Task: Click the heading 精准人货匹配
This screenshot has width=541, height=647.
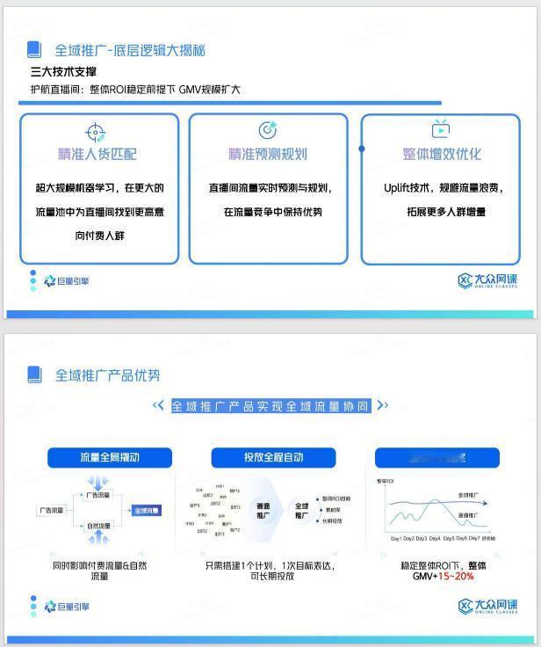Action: (x=97, y=155)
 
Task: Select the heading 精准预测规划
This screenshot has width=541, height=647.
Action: (x=268, y=155)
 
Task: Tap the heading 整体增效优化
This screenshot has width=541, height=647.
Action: (x=442, y=155)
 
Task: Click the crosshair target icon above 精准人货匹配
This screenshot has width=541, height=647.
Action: (x=96, y=132)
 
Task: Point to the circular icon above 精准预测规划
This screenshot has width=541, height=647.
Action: (x=268, y=130)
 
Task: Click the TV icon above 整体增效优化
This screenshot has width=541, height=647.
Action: (x=441, y=130)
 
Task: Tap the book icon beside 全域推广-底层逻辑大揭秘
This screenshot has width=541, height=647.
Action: (x=34, y=50)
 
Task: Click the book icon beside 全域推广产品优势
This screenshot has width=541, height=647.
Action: (x=34, y=374)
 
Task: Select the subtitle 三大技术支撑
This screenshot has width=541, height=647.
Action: (x=63, y=72)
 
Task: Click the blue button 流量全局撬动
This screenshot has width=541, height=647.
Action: (x=110, y=457)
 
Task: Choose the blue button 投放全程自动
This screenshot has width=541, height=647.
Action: (x=274, y=457)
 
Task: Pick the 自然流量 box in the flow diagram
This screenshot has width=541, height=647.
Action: (x=98, y=526)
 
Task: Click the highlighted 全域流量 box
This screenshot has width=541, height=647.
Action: (x=147, y=510)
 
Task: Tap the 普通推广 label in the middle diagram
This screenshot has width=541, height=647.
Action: (x=263, y=511)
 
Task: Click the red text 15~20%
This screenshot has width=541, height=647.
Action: (x=456, y=576)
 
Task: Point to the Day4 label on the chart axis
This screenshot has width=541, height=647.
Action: (x=435, y=538)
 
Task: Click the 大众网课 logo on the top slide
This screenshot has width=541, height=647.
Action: (x=487, y=280)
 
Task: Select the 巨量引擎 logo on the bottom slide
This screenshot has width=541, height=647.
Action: (x=66, y=607)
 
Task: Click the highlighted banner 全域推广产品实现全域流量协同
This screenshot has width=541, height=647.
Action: (x=270, y=405)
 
